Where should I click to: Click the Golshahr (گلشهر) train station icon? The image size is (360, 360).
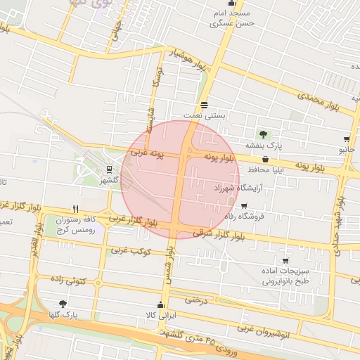pyautogui.click(x=109, y=169)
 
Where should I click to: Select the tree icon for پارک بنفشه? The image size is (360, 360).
pyautogui.click(x=263, y=134)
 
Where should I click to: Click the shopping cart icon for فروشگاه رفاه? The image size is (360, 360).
pyautogui.click(x=244, y=206)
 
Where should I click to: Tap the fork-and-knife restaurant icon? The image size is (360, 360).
pyautogui.click(x=75, y=209)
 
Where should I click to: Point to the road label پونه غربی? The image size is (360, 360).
pyautogui.click(x=146, y=153)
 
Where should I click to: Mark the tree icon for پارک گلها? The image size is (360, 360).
pyautogui.click(x=64, y=304)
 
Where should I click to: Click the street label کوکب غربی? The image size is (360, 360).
pyautogui.click(x=127, y=250)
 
